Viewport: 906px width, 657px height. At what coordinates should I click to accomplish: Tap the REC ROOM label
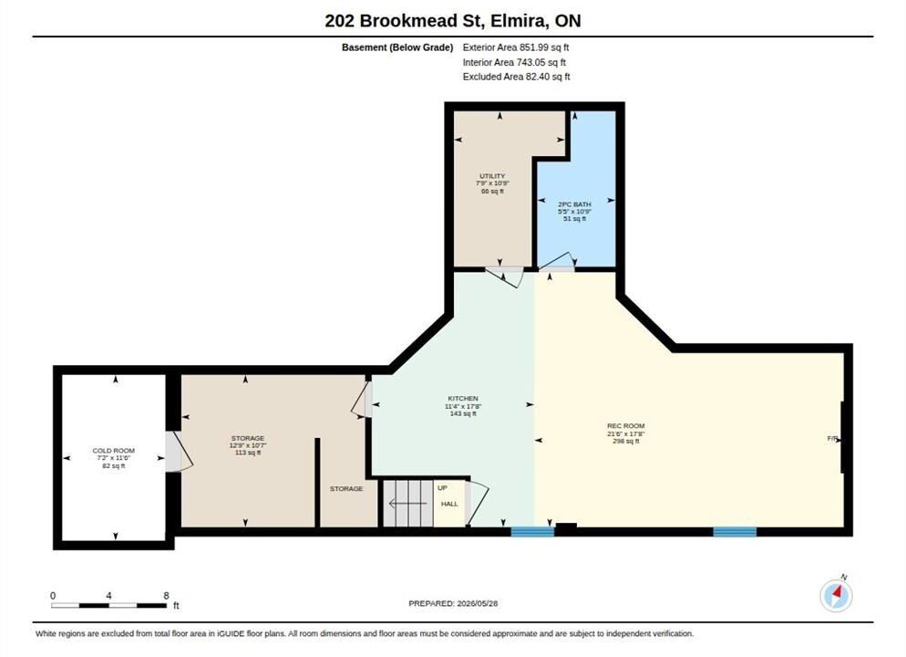pos(626,425)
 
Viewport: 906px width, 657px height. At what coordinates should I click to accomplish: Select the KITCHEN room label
pos(463,399)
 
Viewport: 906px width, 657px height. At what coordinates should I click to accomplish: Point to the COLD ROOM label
pos(114,451)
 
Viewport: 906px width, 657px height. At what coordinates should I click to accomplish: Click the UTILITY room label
pos(492,176)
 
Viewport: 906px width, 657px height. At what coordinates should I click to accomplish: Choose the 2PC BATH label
pos(574,204)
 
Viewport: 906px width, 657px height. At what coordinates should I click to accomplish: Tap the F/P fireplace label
pos(832,439)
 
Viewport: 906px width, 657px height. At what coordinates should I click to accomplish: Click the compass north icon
pos(836,595)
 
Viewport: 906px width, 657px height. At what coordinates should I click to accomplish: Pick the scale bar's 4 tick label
pos(108,595)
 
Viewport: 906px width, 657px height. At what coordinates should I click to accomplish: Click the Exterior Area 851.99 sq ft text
pos(515,47)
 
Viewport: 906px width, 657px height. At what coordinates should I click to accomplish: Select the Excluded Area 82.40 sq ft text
pos(516,77)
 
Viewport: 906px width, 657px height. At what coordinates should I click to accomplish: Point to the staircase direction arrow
pos(408,504)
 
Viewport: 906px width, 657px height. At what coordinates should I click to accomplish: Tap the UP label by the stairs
pos(442,487)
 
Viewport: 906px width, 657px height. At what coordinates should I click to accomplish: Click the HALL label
pos(449,504)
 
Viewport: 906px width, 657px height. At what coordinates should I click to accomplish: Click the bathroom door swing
pos(557,263)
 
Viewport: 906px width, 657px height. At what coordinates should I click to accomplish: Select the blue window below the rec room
pos(735,531)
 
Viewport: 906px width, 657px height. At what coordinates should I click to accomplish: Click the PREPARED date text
pos(453,603)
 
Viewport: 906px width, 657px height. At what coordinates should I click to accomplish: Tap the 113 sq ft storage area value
pos(248,453)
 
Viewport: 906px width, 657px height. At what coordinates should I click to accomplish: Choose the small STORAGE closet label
pos(346,489)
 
